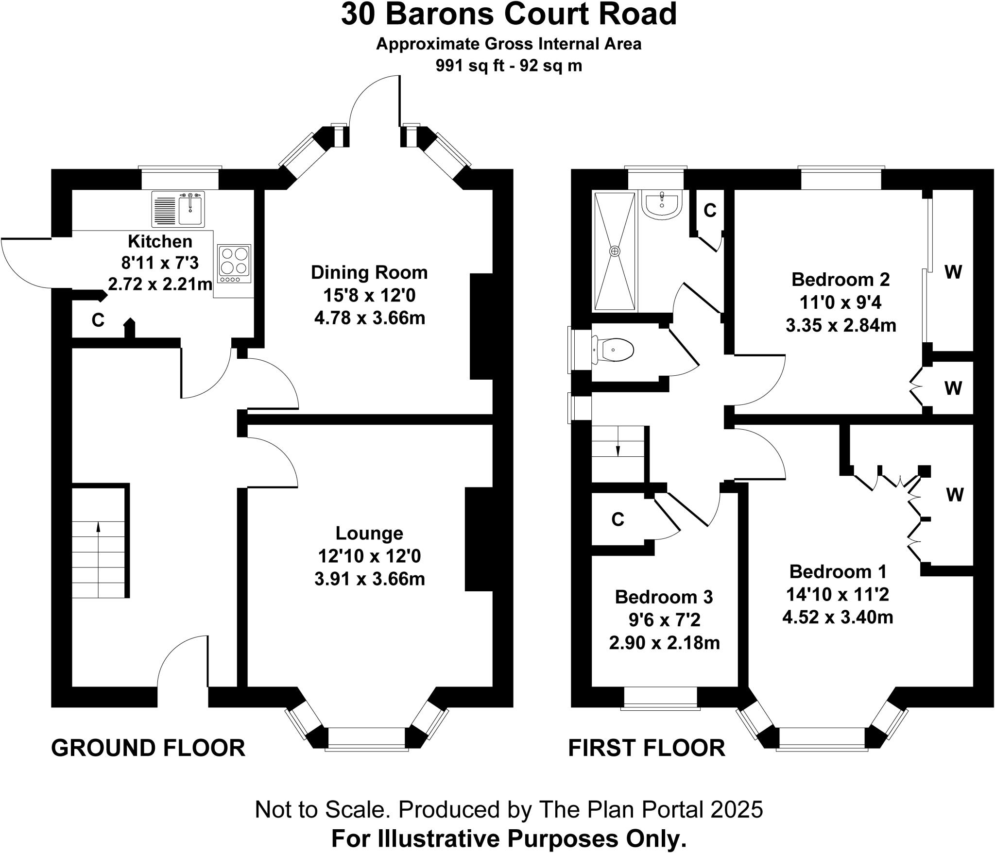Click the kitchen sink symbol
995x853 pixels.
[x=179, y=209]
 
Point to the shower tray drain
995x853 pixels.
[x=615, y=251]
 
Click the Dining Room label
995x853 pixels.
[x=369, y=272]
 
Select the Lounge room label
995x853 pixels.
[x=369, y=533]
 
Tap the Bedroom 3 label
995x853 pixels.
[x=664, y=597]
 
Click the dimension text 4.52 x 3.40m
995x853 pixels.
[x=838, y=617]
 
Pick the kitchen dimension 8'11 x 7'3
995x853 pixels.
[x=160, y=263]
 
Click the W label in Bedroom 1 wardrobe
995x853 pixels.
[x=955, y=495]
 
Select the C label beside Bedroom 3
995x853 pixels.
[x=618, y=519]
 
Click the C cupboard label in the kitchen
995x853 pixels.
[x=98, y=320]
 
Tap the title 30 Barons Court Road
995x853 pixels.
[x=509, y=15]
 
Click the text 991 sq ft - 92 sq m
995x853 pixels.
[x=509, y=66]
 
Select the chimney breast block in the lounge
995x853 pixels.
[x=479, y=539]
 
